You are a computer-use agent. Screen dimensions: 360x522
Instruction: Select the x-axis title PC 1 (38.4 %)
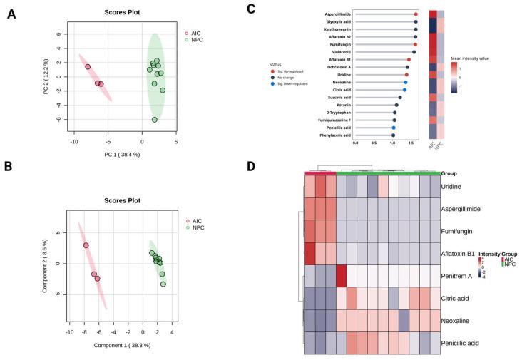click(118, 155)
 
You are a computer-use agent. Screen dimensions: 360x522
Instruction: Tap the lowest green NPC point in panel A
click(155, 120)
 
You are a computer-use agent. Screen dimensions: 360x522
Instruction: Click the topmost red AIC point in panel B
click(86, 245)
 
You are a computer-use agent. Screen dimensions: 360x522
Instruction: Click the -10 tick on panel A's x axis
click(74, 142)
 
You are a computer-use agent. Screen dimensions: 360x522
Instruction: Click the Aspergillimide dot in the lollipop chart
click(416, 14)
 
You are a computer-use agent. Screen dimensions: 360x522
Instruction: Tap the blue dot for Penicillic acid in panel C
click(394, 128)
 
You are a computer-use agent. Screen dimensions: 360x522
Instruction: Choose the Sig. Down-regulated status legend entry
click(292, 83)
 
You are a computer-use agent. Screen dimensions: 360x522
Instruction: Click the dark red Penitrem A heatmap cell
click(341, 275)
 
